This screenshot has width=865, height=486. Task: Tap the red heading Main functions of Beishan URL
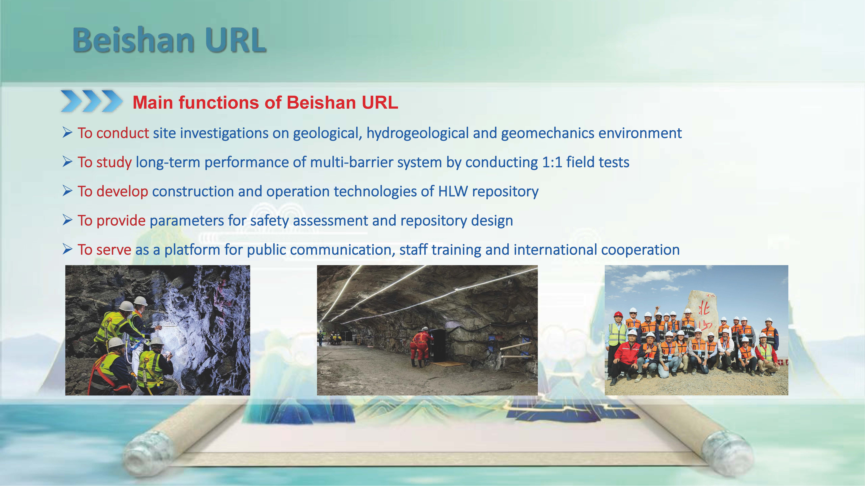click(x=265, y=103)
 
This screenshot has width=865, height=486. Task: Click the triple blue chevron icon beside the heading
click(x=91, y=101)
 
